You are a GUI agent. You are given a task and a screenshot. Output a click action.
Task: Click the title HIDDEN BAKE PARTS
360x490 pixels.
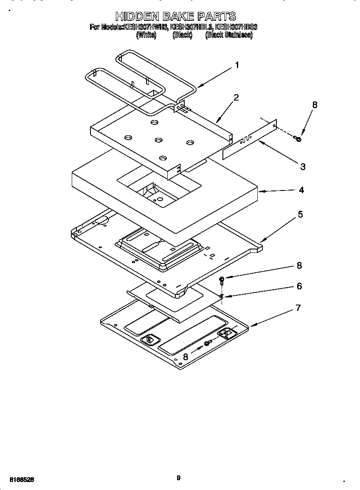click(175, 17)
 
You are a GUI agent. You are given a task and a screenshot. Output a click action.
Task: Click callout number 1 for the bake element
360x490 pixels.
click(237, 65)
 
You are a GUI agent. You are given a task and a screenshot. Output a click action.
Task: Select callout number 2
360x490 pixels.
click(236, 97)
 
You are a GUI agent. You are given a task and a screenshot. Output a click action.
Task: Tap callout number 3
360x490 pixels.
click(302, 167)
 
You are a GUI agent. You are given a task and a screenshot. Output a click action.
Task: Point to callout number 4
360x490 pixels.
click(301, 190)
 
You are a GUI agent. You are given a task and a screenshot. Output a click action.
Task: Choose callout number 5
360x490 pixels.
click(300, 214)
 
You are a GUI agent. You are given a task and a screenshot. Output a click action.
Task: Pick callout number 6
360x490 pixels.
click(299, 286)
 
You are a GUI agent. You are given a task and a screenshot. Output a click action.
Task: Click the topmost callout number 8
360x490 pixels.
click(314, 105)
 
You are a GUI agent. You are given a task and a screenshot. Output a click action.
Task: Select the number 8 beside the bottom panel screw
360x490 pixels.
click(186, 357)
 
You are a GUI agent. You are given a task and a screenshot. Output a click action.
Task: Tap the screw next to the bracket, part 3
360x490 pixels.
click(298, 138)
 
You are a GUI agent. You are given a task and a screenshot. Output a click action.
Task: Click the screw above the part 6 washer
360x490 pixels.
click(222, 280)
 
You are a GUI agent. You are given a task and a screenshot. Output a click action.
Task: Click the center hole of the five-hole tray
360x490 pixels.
click(158, 140)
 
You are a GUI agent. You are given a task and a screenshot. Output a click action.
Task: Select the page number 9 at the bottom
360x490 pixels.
click(178, 478)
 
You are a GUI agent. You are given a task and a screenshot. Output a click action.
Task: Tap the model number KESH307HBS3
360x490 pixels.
click(236, 27)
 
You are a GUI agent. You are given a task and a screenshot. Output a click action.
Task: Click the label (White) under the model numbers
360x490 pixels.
click(146, 36)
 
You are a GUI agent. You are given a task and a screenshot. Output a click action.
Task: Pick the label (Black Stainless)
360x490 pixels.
click(229, 36)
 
